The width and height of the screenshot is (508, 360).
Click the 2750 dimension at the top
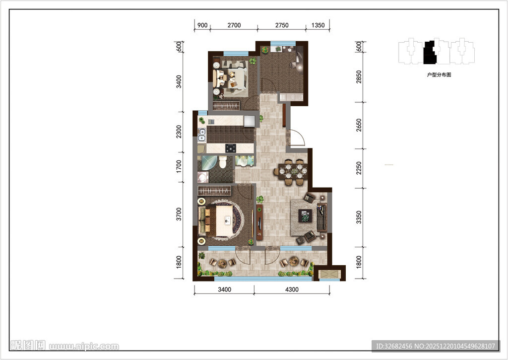[282, 25]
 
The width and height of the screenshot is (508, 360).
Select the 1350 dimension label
[318, 25]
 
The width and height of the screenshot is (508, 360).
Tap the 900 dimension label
[202, 25]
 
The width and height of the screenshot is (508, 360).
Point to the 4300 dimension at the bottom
[292, 289]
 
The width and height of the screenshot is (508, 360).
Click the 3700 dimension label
[179, 214]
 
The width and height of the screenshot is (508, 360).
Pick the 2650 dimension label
[359, 125]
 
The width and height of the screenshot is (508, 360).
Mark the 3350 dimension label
[359, 217]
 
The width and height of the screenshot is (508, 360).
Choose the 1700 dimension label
[179, 166]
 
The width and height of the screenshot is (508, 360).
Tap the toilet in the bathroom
[223, 162]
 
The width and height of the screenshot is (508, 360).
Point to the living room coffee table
[305, 216]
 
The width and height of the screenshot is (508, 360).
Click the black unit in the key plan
[430, 53]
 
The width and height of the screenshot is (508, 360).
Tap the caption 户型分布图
[439, 75]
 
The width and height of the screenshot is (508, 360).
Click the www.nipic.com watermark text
[84, 347]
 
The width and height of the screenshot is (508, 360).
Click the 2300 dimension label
[179, 132]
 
